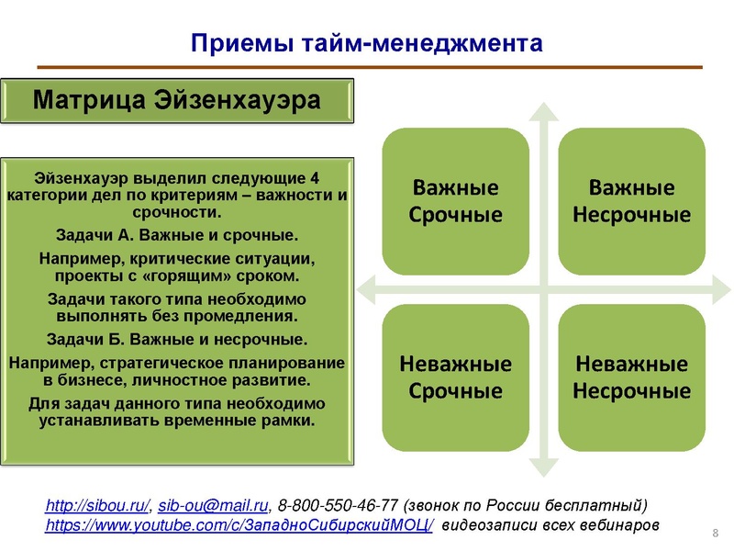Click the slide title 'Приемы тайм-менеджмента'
(366, 42)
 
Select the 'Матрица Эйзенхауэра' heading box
(177, 100)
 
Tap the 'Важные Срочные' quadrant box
(456, 201)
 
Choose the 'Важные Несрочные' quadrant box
(631, 201)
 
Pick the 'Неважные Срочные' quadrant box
(456, 377)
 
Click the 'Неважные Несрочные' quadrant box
(631, 377)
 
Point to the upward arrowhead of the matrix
(544, 113)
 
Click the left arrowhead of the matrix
(363, 289)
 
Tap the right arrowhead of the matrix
(725, 289)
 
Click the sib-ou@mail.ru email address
(214, 506)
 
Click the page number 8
(715, 534)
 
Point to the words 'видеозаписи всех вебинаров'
(550, 525)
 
